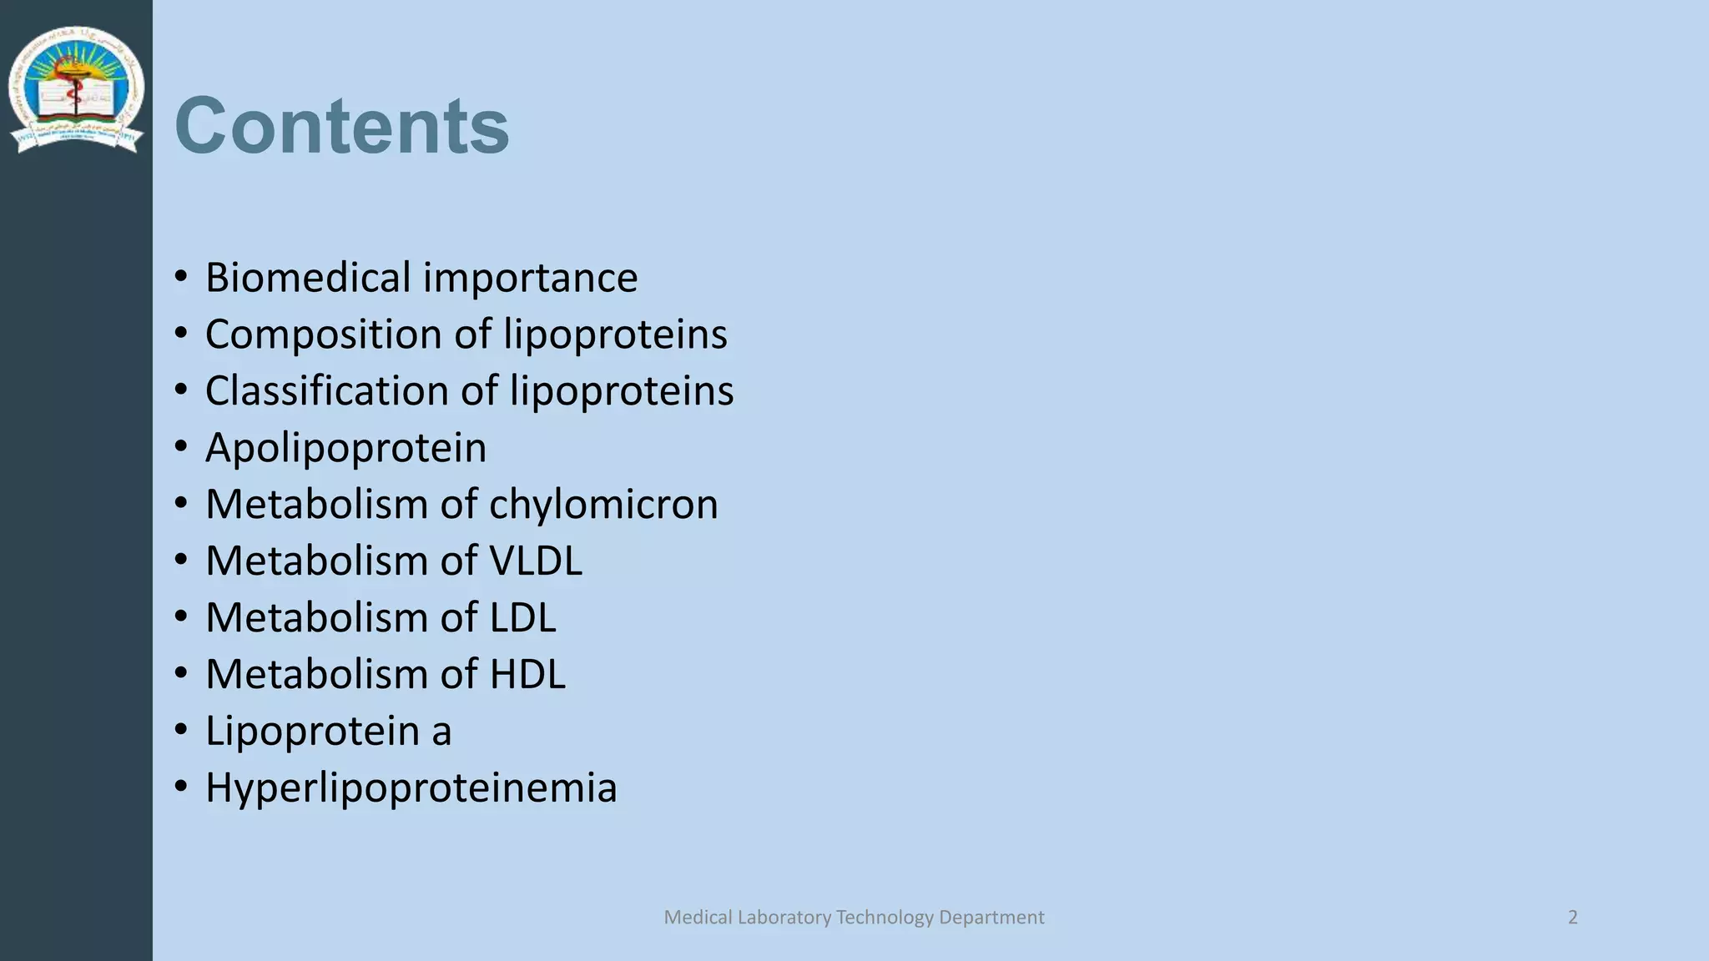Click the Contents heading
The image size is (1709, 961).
[341, 126]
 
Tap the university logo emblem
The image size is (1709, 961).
[76, 89]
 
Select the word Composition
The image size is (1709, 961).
[324, 335]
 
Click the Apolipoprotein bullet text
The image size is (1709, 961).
[345, 448]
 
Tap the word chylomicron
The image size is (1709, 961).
[602, 505]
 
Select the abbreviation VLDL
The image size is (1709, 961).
[535, 561]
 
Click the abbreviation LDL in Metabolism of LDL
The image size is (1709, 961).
[522, 618]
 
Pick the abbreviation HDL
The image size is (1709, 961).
[527, 674]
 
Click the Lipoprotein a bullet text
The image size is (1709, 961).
[328, 732]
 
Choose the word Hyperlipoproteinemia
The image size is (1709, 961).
[411, 787]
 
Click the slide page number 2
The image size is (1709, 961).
[1572, 918]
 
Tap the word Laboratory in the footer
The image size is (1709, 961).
[784, 918]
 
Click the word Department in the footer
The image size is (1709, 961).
[991, 918]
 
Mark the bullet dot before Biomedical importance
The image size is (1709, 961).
[181, 278]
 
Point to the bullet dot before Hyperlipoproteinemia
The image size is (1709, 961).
[181, 787]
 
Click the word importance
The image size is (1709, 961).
[531, 278]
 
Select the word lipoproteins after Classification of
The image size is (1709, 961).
[622, 391]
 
